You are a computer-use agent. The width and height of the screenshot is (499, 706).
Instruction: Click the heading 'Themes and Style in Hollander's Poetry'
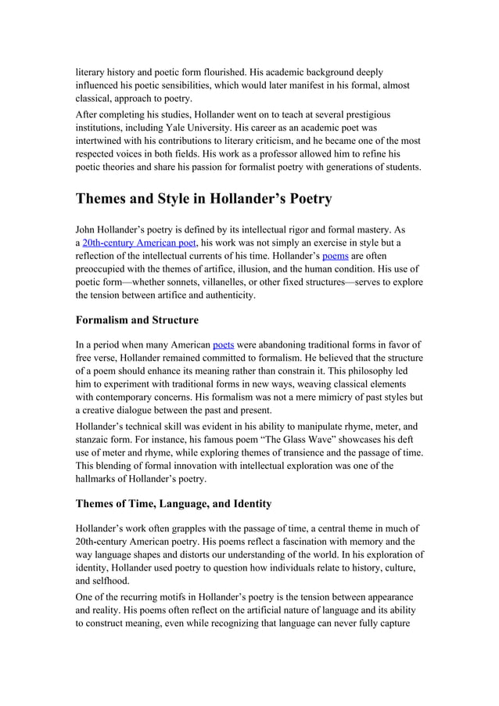(x=203, y=199)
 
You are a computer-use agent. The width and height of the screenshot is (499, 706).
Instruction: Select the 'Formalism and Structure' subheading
(x=137, y=319)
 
